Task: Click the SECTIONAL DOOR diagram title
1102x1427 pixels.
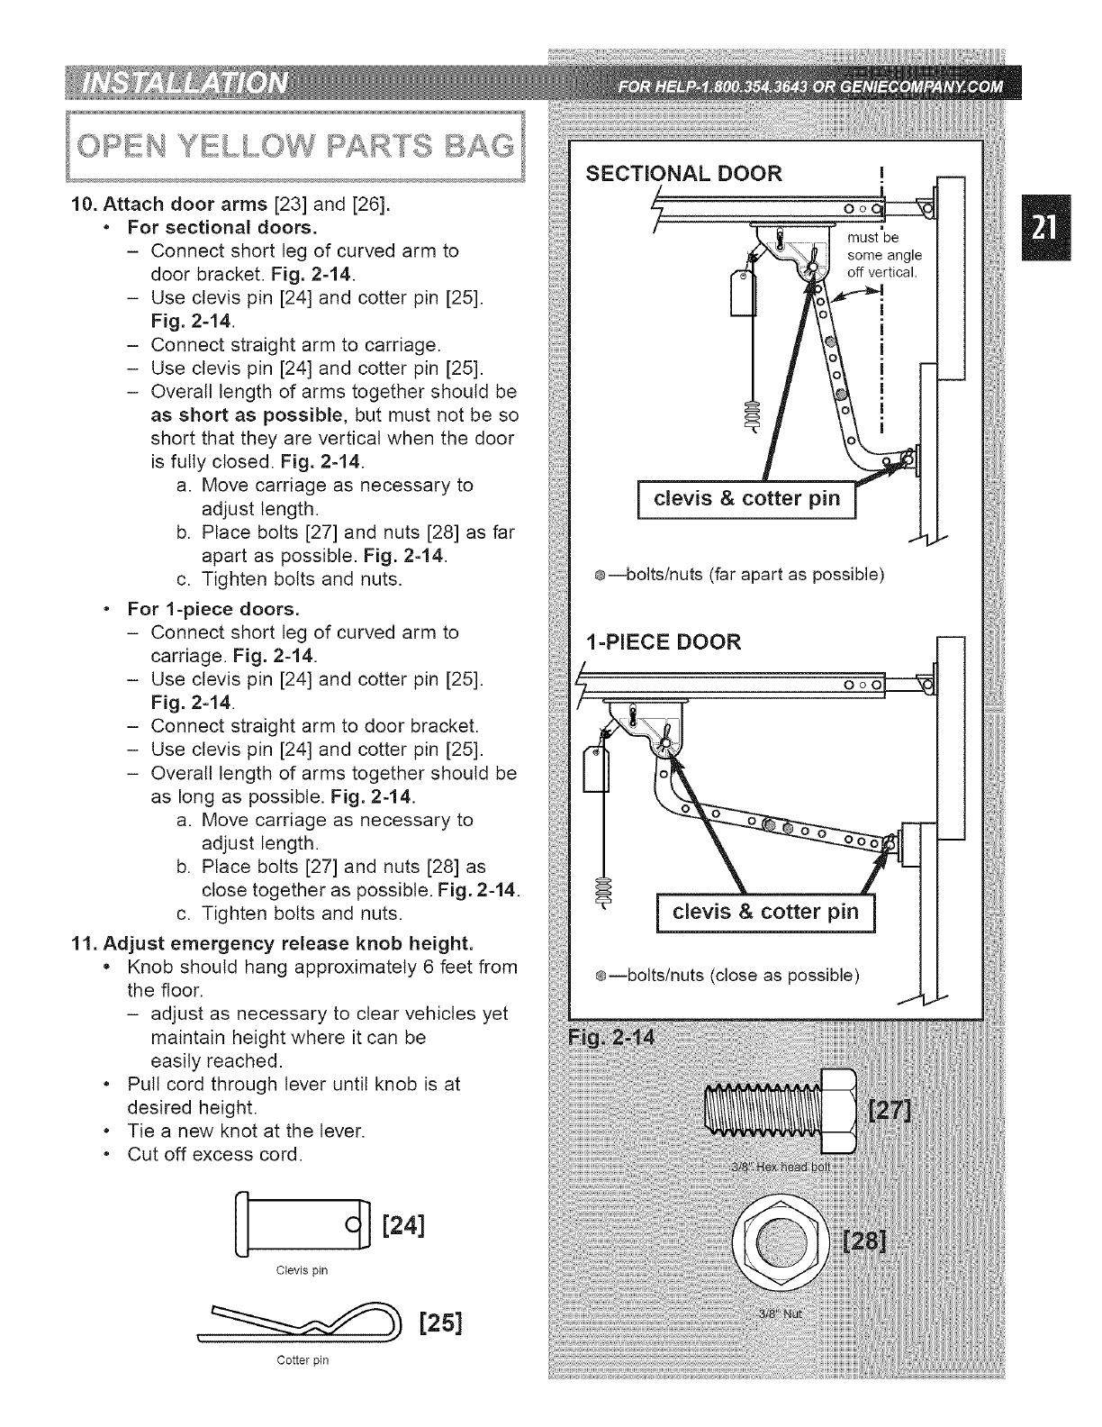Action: tap(684, 173)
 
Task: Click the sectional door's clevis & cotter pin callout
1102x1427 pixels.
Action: tap(746, 498)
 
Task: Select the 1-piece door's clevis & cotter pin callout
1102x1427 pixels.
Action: tap(766, 912)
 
